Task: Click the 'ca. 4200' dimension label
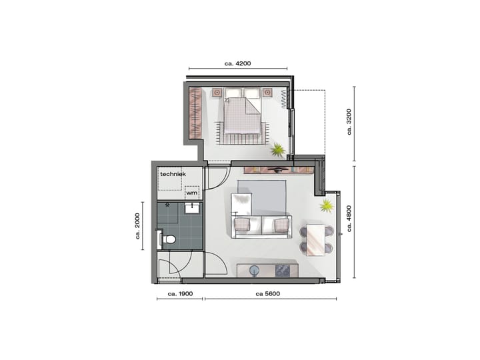click(x=237, y=64)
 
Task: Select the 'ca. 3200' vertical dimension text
click(x=349, y=123)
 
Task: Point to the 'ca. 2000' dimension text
click(x=138, y=226)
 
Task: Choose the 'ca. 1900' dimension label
click(x=180, y=293)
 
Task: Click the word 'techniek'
click(x=171, y=174)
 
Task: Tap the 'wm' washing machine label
click(x=192, y=193)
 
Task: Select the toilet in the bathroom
click(x=169, y=239)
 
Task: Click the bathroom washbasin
click(x=193, y=208)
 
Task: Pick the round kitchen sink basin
click(x=255, y=270)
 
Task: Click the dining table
click(x=317, y=239)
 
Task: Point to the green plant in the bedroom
click(x=277, y=149)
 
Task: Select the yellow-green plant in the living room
click(x=327, y=205)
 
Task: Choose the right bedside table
click(x=267, y=93)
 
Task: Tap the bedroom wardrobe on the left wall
click(x=195, y=113)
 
